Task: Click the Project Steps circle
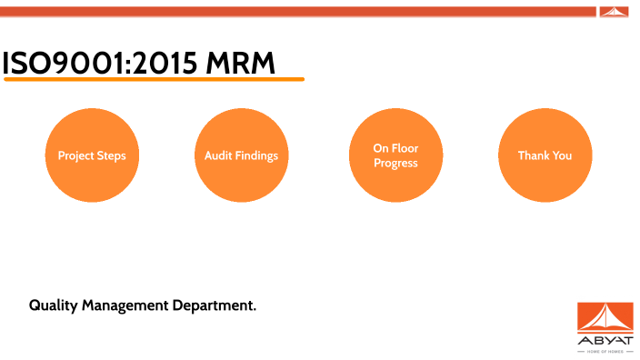[x=92, y=155]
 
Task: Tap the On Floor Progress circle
[x=395, y=155]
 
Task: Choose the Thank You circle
[x=545, y=155]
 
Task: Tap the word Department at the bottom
[x=215, y=305]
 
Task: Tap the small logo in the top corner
[x=614, y=11]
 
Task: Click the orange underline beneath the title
[x=154, y=80]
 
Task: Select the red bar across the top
[x=300, y=11]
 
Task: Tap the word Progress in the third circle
[x=395, y=164]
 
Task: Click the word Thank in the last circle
[x=532, y=155]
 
